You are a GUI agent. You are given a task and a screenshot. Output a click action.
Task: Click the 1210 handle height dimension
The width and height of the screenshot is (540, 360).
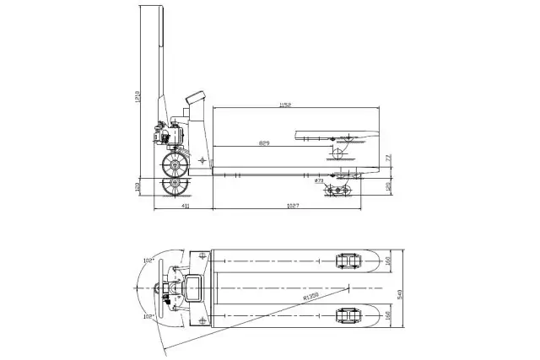click(138, 99)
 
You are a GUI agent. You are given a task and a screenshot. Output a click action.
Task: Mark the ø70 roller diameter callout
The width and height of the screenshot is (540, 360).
click(317, 180)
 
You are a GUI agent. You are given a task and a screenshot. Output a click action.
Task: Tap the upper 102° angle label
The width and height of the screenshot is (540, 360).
click(148, 261)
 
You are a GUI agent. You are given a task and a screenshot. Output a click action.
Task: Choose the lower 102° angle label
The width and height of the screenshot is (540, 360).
click(148, 317)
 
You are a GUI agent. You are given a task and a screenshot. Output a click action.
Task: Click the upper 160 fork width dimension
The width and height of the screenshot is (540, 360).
click(388, 261)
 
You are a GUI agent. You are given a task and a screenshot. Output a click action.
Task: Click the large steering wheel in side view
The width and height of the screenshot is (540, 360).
click(175, 162)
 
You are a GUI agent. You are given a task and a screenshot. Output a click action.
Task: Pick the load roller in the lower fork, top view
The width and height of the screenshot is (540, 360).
click(346, 316)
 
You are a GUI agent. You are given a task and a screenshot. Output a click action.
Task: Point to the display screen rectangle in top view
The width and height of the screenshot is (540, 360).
click(193, 288)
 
